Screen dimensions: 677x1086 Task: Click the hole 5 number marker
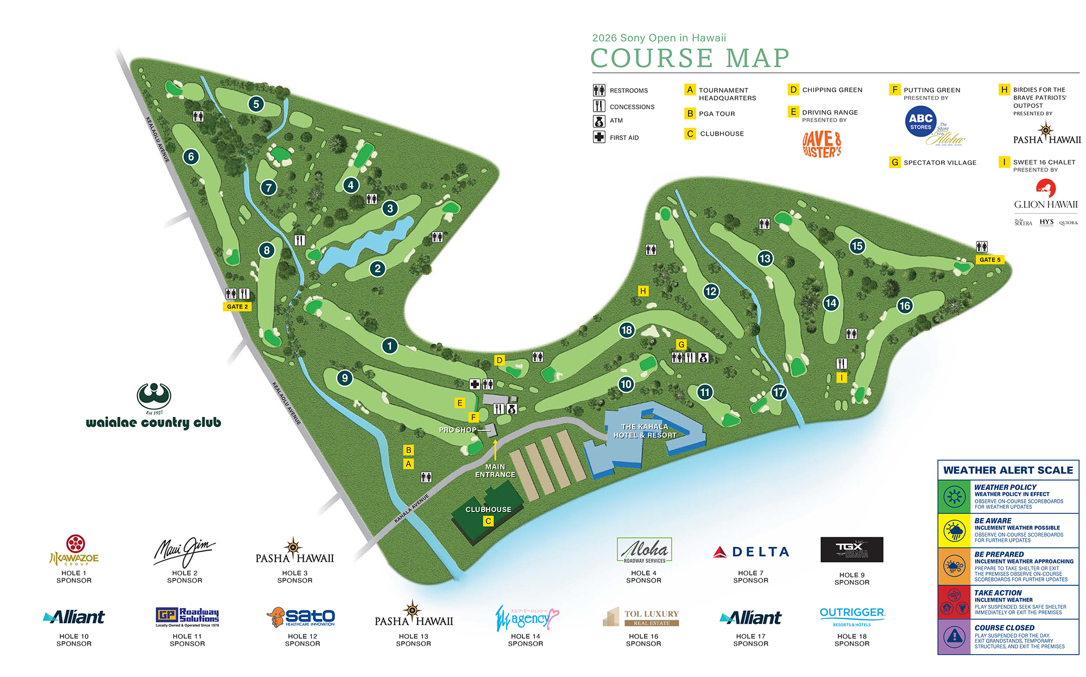tap(256, 104)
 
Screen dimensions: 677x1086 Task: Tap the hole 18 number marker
tap(627, 330)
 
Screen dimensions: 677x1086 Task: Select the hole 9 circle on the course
tap(345, 378)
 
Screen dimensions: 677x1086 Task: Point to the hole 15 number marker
tap(857, 246)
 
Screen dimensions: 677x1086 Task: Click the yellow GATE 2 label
tap(237, 306)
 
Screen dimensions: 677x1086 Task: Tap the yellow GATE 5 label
tap(989, 260)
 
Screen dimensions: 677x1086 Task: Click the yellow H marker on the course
tap(643, 291)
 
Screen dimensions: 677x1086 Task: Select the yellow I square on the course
tap(842, 378)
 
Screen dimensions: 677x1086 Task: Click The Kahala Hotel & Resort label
tap(645, 431)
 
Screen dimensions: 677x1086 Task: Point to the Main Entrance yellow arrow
tap(495, 450)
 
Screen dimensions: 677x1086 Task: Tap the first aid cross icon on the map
tap(475, 384)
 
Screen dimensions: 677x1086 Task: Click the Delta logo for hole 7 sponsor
tap(751, 552)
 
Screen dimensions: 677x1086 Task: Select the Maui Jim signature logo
tap(185, 551)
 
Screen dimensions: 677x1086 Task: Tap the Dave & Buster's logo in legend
tap(822, 144)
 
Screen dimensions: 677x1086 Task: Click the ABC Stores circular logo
tap(920, 121)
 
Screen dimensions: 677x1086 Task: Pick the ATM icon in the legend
tap(599, 121)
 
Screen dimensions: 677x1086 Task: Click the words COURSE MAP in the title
tap(690, 59)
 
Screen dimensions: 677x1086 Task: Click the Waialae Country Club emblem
tap(154, 397)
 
